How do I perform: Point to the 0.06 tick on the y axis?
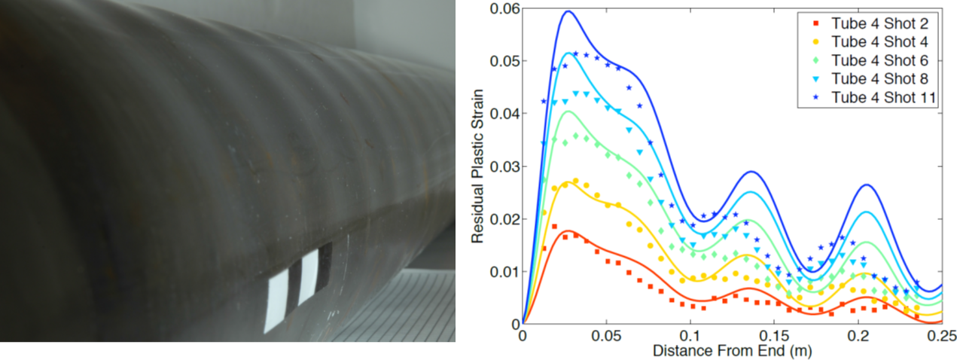(x=504, y=8)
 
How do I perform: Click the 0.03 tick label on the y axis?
(x=504, y=166)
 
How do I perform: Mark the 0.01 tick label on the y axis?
(x=504, y=271)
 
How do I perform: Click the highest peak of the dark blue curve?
(x=568, y=11)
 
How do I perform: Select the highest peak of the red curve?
(x=568, y=230)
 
